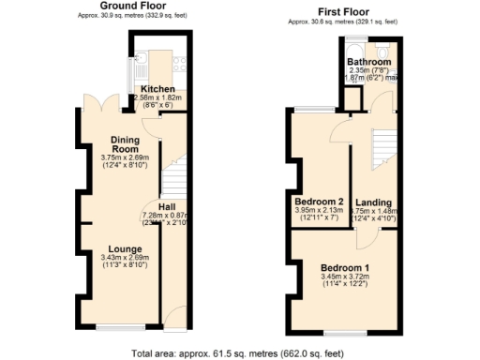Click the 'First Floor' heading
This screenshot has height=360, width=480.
pyautogui.click(x=343, y=10)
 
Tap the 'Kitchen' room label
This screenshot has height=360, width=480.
pyautogui.click(x=158, y=88)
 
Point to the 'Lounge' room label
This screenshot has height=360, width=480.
pyautogui.click(x=124, y=248)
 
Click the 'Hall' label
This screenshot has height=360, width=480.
pyautogui.click(x=167, y=206)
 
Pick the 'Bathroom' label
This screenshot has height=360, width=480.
pyautogui.click(x=368, y=62)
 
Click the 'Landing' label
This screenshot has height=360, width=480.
pyautogui.click(x=373, y=202)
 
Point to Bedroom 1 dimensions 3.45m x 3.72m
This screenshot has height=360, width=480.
pyautogui.click(x=345, y=278)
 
